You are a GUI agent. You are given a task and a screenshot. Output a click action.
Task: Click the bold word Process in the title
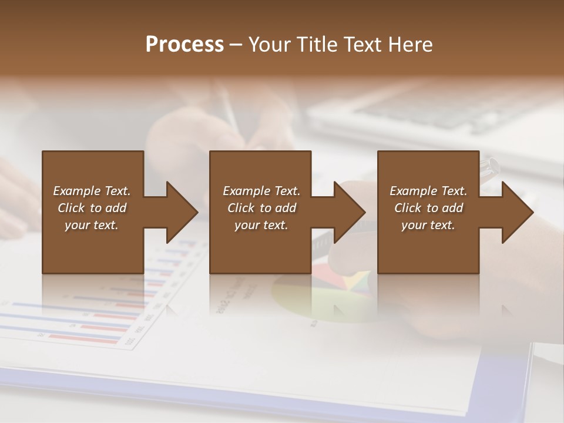184,44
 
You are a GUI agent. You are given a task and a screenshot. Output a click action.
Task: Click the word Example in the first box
76,191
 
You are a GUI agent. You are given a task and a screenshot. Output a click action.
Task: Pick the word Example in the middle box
246,191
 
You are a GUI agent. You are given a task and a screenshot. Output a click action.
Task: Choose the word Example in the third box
413,191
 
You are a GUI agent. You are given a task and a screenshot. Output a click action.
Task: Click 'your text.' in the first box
92,225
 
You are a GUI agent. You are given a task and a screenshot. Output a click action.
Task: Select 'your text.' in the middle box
261,225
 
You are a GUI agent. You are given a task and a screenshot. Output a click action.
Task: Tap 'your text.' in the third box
428,225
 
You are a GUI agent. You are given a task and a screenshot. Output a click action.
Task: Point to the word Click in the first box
72,208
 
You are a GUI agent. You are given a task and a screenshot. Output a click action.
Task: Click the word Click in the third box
408,208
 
